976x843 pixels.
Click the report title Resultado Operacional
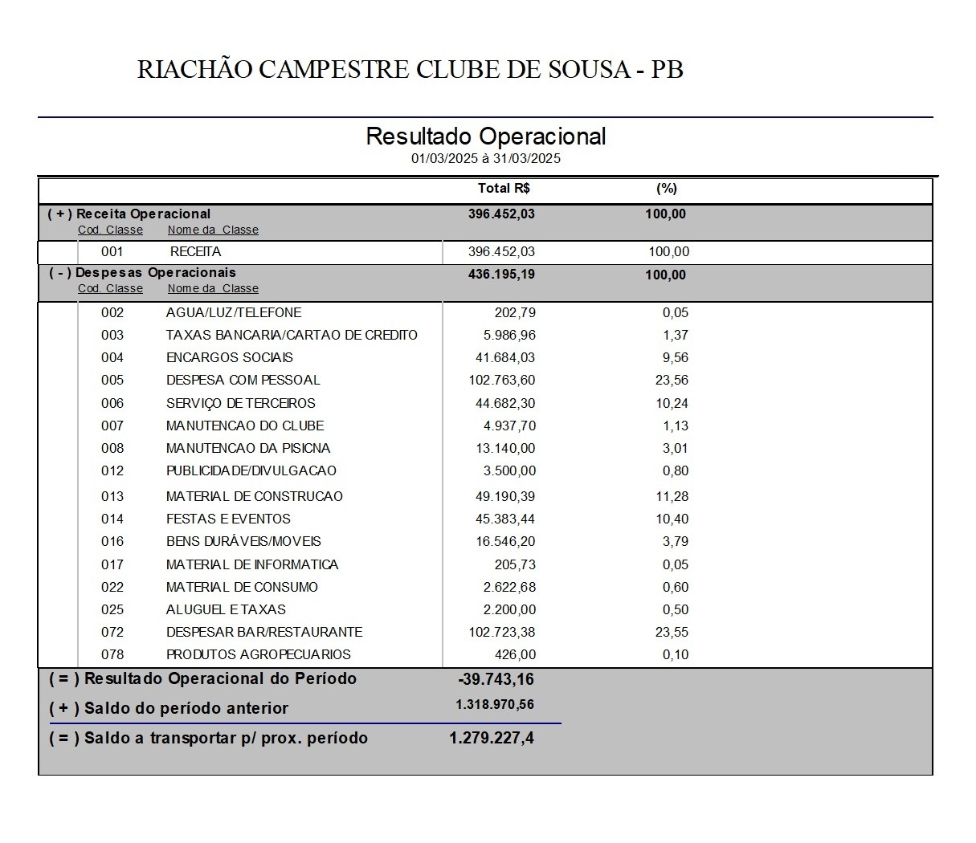[485, 136]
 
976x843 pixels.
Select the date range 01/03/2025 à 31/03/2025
[485, 159]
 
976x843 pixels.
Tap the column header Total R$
[504, 189]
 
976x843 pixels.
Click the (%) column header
[667, 189]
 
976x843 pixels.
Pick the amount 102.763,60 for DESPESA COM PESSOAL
[501, 381]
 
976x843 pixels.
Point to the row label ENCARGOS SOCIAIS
[229, 358]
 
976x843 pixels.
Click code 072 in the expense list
[112, 633]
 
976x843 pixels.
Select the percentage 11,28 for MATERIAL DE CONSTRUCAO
[672, 497]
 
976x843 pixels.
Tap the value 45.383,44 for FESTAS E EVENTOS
[501, 519]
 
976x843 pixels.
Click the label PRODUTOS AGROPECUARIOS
[258, 655]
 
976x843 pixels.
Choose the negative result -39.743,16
[496, 680]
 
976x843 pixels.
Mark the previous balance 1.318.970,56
[494, 705]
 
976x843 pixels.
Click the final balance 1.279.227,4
[491, 739]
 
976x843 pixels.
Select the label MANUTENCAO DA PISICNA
[248, 449]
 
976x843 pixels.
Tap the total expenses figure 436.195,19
[500, 275]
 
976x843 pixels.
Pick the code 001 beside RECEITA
[112, 252]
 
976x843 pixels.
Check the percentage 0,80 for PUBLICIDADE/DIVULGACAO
[675, 471]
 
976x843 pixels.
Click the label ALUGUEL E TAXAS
[226, 610]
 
